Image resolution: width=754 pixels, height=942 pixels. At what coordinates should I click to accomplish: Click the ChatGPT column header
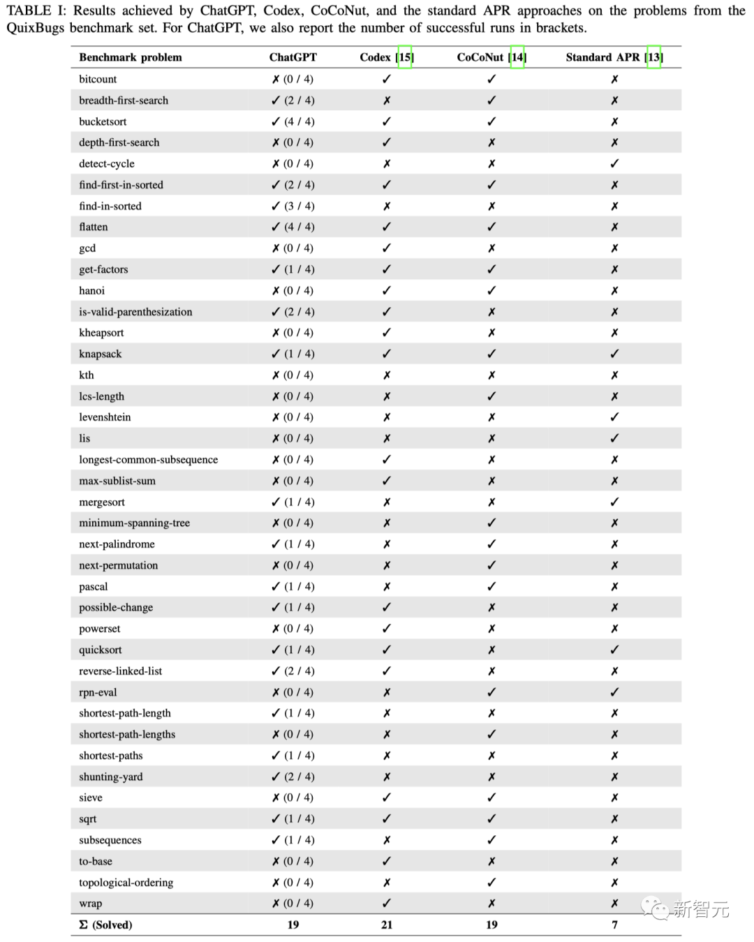293,57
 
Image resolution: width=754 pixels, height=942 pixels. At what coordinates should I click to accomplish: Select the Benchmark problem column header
131,57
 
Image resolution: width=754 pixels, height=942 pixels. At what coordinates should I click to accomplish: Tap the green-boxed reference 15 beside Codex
405,57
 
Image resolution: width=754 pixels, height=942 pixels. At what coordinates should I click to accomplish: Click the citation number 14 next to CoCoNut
517,57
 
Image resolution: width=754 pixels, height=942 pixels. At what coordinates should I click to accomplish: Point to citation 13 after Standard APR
653,57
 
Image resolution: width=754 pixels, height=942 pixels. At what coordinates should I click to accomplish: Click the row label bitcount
98,79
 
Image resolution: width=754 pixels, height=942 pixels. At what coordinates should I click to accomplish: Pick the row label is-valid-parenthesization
135,312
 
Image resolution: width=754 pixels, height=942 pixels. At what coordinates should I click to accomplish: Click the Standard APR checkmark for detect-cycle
614,163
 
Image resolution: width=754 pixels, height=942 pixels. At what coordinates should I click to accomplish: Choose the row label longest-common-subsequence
148,460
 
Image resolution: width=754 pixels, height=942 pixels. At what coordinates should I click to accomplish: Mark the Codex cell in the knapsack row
387,354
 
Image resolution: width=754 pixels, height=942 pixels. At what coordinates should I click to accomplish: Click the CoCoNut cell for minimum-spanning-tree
491,523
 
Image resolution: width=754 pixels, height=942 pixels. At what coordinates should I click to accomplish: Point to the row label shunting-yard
110,777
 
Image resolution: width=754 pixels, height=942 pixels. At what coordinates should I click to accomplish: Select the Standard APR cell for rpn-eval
614,692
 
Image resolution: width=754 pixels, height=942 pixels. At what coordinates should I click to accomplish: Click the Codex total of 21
387,925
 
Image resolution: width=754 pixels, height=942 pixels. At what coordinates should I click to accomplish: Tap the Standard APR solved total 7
614,925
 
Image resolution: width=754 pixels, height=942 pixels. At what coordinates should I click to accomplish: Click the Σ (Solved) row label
105,925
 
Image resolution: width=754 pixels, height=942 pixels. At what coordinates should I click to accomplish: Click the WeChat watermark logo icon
655,909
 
